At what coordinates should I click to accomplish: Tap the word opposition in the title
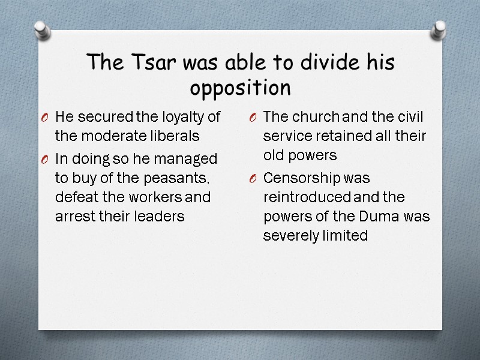240,88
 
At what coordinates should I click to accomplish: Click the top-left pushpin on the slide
41,29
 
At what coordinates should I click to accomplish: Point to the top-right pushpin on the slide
440,28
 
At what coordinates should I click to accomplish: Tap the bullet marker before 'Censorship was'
253,179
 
